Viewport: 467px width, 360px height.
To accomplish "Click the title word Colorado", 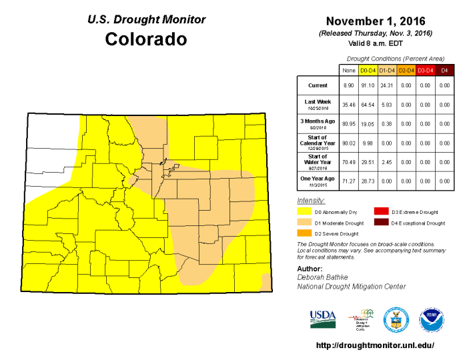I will point(146,39).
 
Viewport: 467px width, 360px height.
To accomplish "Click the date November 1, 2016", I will point(376,21).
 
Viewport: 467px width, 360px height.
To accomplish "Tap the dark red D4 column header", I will point(444,69).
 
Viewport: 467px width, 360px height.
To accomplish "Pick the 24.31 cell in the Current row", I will point(387,86).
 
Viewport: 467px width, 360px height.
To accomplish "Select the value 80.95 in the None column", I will point(348,123).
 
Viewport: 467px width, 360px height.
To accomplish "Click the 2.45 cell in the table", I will point(387,161).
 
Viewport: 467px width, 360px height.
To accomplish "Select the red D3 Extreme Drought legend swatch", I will point(381,212).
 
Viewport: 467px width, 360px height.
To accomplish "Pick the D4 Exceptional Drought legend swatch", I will point(381,223).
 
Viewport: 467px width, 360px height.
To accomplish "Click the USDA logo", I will point(323,319).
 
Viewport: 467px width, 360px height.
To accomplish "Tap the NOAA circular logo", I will point(432,320).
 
